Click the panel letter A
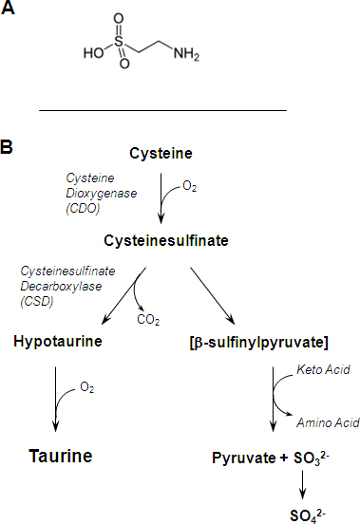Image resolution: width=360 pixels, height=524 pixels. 8,8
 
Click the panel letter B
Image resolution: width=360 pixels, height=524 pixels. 7,147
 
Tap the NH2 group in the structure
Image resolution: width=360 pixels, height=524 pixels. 186,53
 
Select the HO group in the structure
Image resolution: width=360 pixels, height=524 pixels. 94,53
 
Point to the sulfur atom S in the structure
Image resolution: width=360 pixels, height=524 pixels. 119,42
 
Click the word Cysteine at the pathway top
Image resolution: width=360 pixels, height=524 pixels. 161,154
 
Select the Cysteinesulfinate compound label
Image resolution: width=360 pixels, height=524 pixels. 166,240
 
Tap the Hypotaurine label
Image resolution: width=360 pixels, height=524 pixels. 58,342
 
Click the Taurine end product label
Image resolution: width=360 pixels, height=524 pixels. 61,456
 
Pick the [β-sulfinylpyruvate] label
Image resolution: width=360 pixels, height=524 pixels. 258,343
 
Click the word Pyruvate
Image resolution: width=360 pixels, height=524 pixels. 244,458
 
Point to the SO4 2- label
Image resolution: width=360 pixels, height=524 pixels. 308,515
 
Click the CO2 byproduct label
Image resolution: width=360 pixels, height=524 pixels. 148,320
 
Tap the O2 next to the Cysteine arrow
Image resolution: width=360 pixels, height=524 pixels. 190,186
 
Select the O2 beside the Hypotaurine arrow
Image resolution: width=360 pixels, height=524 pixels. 86,387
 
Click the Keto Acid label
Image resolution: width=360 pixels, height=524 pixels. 323,369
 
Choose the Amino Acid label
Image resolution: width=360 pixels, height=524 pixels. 328,422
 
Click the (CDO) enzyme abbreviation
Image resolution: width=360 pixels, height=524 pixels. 83,209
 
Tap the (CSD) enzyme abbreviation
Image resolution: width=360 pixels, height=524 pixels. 37,302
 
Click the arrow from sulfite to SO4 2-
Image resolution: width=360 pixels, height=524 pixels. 302,484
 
